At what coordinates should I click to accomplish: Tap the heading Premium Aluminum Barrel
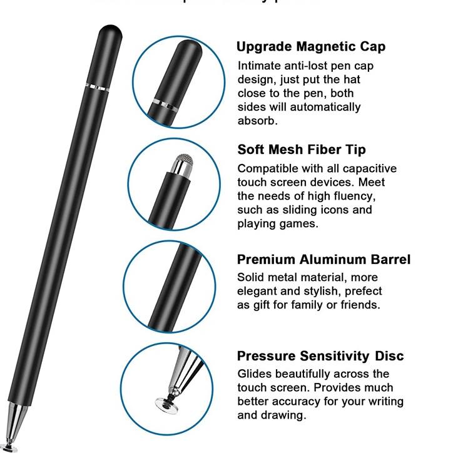[x=323, y=260]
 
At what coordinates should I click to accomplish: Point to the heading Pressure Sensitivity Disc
[x=320, y=356]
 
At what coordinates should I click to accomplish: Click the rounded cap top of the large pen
[x=109, y=30]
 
